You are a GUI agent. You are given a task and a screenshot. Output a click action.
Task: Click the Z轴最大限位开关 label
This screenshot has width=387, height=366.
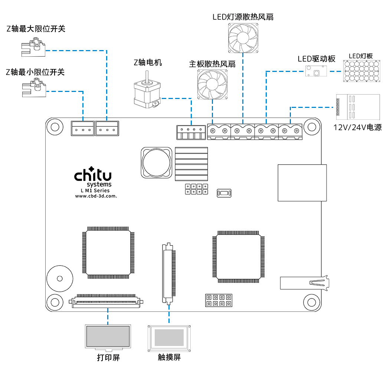click(x=36, y=29)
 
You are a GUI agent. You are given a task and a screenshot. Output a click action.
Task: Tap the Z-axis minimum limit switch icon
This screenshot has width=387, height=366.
click(x=33, y=90)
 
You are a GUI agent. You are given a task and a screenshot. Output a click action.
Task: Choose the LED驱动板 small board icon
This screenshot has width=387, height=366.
click(x=316, y=71)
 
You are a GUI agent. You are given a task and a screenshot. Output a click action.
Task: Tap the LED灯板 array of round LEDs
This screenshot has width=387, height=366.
click(x=361, y=71)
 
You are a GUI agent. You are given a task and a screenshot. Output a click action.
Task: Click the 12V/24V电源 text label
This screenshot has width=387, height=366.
click(x=357, y=127)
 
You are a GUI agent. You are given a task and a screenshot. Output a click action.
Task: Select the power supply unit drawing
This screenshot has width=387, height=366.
click(x=358, y=107)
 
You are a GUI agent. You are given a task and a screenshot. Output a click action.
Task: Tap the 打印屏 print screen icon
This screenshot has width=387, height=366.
click(x=108, y=336)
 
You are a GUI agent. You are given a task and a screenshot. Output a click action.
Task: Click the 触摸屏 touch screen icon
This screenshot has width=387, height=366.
click(x=169, y=337)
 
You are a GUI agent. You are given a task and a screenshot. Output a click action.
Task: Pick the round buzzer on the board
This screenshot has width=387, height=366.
click(x=59, y=278)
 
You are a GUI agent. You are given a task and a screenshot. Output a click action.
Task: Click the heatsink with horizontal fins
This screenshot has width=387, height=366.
click(x=191, y=164)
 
